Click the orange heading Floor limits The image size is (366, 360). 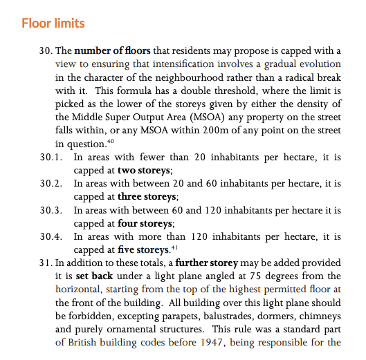(53, 23)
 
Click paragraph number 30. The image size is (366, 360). (46, 51)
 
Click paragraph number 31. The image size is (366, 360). (46, 263)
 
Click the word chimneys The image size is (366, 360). (320, 315)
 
